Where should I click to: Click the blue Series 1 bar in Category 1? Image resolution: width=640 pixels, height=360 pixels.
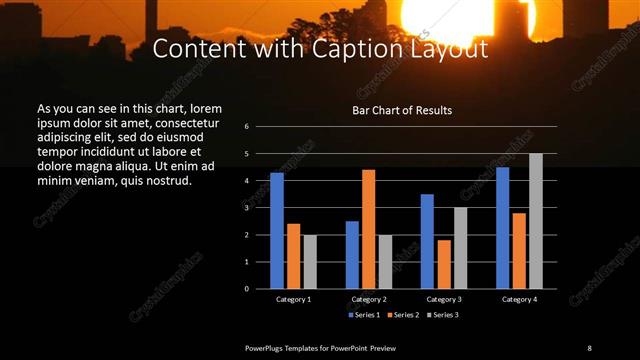click(277, 231)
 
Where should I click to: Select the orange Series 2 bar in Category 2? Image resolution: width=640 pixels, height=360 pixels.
click(369, 229)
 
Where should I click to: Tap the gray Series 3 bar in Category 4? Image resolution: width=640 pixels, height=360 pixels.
click(536, 221)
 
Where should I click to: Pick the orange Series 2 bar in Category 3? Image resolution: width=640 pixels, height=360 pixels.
click(444, 264)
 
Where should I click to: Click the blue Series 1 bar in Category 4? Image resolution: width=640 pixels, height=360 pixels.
click(502, 228)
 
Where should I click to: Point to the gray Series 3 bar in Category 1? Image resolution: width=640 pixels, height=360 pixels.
click(310, 262)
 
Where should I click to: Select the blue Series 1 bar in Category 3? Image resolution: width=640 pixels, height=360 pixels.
click(427, 241)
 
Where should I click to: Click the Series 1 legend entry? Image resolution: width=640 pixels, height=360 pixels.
click(364, 315)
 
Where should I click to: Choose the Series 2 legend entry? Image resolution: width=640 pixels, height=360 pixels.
click(402, 315)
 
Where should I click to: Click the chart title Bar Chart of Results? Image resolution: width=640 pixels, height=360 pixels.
click(402, 109)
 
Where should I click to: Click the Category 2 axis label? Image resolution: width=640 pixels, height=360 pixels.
click(369, 299)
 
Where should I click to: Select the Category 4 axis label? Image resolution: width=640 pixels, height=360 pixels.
click(518, 299)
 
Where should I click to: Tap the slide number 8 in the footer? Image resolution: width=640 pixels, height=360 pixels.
click(589, 347)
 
